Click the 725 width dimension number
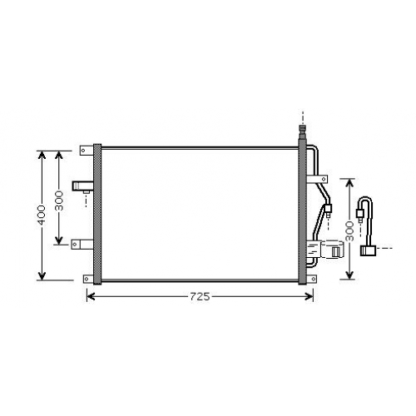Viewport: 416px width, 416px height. coord(200,297)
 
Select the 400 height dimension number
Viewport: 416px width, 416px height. coord(42,215)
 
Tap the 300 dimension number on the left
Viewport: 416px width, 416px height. coord(59,201)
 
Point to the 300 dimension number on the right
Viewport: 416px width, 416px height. coord(350,231)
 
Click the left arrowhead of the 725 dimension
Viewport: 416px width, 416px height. coord(91,297)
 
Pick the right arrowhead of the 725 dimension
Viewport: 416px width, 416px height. coord(309,297)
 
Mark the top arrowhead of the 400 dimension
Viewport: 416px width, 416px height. coord(42,156)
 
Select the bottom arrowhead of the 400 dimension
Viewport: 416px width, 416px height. coord(42,275)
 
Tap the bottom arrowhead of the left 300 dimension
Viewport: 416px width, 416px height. coord(59,240)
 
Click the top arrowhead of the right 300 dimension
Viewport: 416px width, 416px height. coord(350,183)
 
